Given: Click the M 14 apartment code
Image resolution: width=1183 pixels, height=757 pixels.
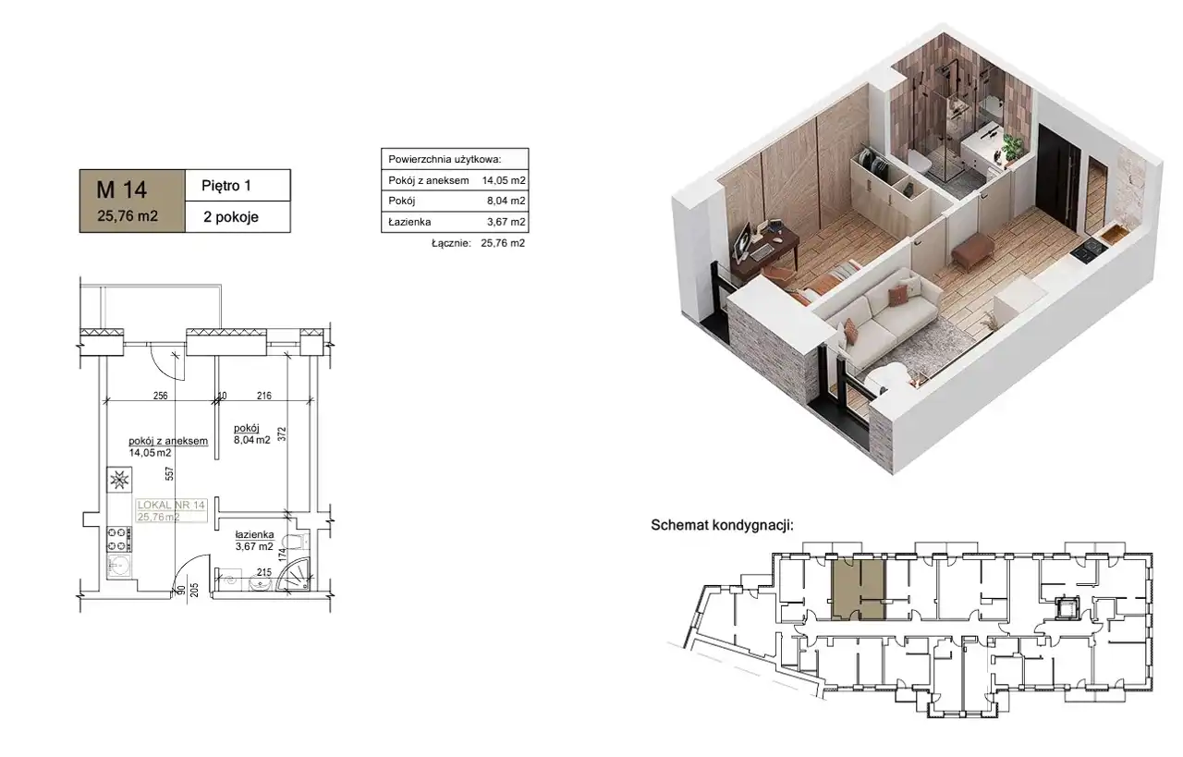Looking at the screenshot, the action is coord(121,189).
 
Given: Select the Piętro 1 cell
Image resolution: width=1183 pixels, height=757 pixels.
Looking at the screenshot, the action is coord(238,186).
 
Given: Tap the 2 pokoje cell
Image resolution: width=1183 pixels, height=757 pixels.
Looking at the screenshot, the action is coord(238,216).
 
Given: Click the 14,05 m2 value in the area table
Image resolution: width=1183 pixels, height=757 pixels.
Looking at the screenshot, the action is coord(504,180).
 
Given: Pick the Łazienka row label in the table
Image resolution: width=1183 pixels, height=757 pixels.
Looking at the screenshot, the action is coord(409,222).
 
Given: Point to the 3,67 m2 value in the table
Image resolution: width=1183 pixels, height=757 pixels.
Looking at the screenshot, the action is coord(506,222).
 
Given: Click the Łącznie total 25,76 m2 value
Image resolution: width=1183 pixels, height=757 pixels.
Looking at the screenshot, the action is coord(503,243).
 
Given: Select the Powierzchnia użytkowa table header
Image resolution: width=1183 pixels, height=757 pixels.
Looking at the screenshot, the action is coord(445,159).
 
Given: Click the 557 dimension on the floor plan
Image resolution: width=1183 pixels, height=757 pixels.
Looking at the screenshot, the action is coord(169,473).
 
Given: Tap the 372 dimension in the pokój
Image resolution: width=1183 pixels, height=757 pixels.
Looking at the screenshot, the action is coord(282,433).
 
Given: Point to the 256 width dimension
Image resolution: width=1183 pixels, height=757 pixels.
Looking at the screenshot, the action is coord(160,396).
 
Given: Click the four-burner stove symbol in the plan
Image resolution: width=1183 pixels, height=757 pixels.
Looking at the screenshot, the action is coord(119,539).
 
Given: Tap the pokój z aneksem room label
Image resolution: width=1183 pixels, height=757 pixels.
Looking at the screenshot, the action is coord(168,441).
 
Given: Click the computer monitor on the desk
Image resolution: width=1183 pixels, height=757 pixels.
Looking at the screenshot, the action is coord(744,240).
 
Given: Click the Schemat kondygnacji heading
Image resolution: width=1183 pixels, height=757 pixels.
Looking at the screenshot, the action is coord(722,525).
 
